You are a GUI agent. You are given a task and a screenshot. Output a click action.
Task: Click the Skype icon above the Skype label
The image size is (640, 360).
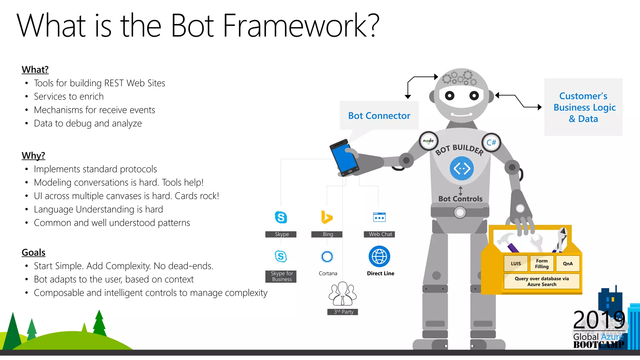(281, 217)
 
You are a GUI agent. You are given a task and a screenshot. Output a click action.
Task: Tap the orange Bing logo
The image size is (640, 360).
(327, 217)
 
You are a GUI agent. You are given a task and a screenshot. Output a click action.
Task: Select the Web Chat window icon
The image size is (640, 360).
(379, 217)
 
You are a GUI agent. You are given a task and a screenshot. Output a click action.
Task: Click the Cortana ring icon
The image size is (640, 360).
(327, 257)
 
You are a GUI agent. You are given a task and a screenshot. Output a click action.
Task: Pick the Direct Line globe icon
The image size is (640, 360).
(379, 257)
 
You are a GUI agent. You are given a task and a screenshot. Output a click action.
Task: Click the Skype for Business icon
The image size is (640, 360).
(281, 257)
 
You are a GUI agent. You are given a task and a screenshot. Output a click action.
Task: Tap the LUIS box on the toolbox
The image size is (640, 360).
(516, 263)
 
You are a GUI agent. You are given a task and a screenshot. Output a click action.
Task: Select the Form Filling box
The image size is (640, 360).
(542, 263)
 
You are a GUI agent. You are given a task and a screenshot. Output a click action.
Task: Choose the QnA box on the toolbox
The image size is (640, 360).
(567, 263)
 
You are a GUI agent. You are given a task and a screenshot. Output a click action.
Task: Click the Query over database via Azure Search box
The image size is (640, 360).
(542, 281)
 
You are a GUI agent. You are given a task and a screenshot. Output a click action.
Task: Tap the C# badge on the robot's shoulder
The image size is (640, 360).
(491, 142)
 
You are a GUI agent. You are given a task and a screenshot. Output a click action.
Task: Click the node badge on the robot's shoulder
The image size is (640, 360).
(428, 141)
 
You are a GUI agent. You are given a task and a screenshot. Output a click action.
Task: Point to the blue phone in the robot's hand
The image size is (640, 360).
(344, 158)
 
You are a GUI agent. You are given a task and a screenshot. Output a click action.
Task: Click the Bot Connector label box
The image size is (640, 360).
(379, 115)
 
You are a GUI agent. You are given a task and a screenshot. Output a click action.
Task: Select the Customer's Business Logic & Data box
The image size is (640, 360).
(583, 107)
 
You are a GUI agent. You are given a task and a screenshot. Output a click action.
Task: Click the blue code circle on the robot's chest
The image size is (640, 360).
(462, 168)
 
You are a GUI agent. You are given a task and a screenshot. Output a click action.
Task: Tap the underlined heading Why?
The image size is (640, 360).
(33, 155)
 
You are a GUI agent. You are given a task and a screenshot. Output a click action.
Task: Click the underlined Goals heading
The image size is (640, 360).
(33, 252)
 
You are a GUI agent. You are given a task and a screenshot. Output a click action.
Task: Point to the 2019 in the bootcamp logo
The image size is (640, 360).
(599, 320)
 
